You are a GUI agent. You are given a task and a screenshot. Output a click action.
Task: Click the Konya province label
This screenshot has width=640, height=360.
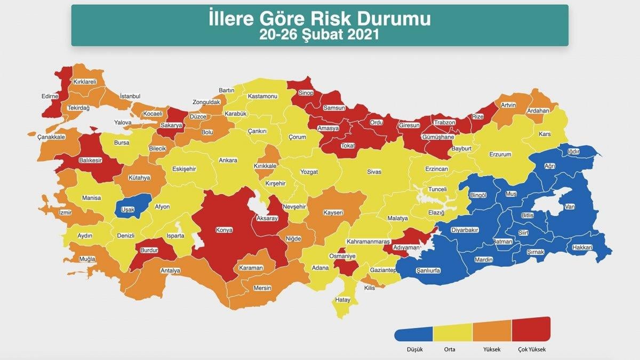click(x=224, y=231)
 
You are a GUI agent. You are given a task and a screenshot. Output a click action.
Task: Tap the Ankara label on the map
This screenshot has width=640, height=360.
click(x=228, y=160)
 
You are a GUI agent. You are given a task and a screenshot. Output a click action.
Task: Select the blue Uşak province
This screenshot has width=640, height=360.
click(x=129, y=210)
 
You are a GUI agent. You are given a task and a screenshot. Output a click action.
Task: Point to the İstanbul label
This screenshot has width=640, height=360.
click(x=130, y=96)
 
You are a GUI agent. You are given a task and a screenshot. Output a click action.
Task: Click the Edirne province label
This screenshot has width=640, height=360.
click(x=50, y=97)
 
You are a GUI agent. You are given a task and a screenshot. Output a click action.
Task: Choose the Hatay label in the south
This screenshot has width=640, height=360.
click(x=342, y=300)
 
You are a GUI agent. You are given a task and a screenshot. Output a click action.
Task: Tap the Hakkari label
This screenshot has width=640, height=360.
click(x=582, y=247)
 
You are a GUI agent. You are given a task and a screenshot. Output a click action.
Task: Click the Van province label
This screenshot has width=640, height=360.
click(x=569, y=206)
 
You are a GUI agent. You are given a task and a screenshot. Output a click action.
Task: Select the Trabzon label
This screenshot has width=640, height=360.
click(x=444, y=123)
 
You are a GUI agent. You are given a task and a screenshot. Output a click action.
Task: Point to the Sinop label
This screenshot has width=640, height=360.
click(x=306, y=93)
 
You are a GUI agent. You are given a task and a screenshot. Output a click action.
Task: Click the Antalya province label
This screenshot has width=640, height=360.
click(x=171, y=270)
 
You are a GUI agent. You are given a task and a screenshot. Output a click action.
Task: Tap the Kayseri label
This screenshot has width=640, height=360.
click(x=333, y=212)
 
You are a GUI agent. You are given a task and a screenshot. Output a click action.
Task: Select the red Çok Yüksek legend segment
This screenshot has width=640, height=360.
click(x=531, y=330)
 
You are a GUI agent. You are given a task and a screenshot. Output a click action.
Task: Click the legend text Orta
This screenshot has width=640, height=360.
click(x=449, y=350)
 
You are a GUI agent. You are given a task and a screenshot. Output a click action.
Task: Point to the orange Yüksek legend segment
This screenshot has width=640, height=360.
click(x=492, y=332)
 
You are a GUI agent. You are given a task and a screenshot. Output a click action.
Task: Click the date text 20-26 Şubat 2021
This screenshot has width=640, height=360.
click(x=319, y=35)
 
